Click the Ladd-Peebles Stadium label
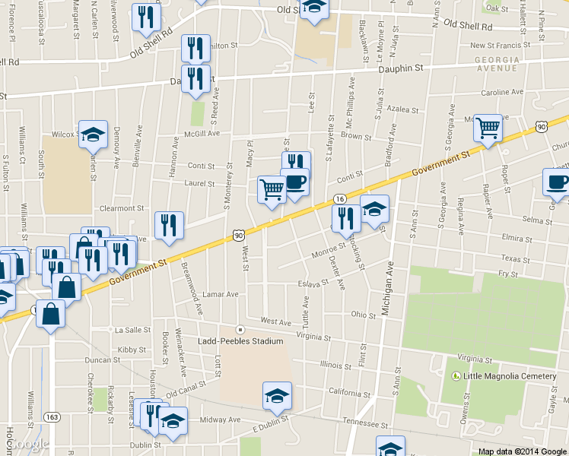pyautogui.click(x=241, y=341)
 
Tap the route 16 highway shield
pyautogui.click(x=339, y=198)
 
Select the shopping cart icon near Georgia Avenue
pyautogui.click(x=488, y=128)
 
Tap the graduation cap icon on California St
pyautogui.click(x=277, y=395)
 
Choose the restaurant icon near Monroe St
pyautogui.click(x=347, y=219)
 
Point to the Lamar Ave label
pyautogui.click(x=221, y=294)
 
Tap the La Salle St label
pyautogui.click(x=132, y=331)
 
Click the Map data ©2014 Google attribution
pyautogui.click(x=523, y=451)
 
